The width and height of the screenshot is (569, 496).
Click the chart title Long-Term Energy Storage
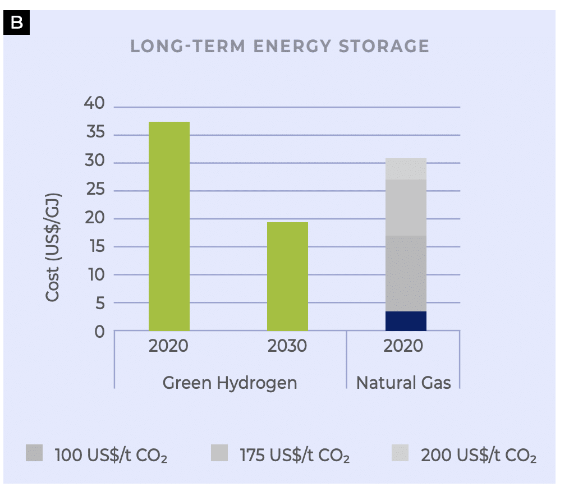click(279, 46)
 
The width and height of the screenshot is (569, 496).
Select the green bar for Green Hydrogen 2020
click(169, 226)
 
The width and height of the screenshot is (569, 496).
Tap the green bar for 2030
click(287, 276)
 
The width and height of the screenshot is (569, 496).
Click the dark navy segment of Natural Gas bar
click(405, 321)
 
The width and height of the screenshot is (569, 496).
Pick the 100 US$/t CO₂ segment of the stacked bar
click(405, 273)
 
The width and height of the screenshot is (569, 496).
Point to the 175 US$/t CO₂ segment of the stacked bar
click(405, 208)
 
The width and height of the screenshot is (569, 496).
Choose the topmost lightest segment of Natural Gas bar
click(405, 169)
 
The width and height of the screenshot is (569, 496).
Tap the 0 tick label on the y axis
click(99, 332)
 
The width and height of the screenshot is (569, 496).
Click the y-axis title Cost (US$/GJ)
click(52, 247)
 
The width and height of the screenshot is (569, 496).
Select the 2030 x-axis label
click(287, 346)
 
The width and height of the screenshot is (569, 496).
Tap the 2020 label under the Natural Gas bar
click(403, 346)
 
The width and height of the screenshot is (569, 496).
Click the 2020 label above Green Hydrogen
click(168, 346)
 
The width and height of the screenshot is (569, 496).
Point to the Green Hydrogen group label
click(230, 383)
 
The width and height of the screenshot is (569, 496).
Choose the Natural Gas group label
click(403, 383)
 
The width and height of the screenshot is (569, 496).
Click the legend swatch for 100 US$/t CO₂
click(34, 453)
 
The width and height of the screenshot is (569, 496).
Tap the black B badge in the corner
click(16, 22)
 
